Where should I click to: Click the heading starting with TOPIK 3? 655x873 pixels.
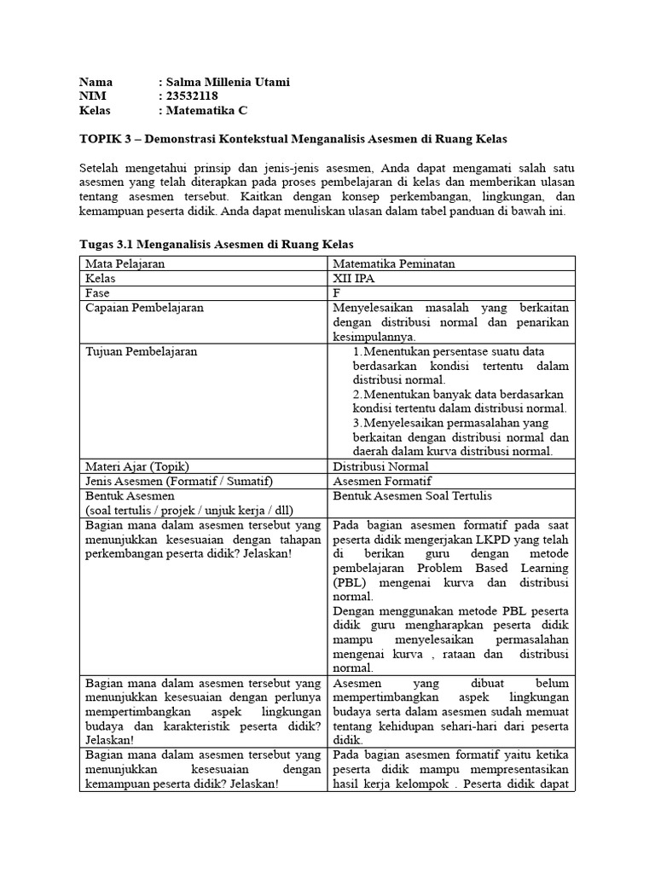coord(299,138)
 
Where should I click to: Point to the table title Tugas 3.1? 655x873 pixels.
coord(216,245)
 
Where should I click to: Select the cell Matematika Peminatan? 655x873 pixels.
coord(394,263)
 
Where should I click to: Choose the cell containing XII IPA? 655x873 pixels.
coord(354,278)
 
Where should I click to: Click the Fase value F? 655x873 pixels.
coord(337,292)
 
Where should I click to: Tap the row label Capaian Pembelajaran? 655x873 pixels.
coord(145,307)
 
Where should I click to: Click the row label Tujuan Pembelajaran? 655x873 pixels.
coord(142,350)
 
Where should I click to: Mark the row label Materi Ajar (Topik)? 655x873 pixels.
coord(137,466)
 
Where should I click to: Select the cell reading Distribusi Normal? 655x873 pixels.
coord(380,466)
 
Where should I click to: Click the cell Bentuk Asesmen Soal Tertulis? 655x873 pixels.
coord(413,495)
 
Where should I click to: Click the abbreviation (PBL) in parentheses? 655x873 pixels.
coord(351,582)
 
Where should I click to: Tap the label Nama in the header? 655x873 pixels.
coord(96,82)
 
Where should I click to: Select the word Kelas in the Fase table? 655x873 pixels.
coord(101,278)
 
